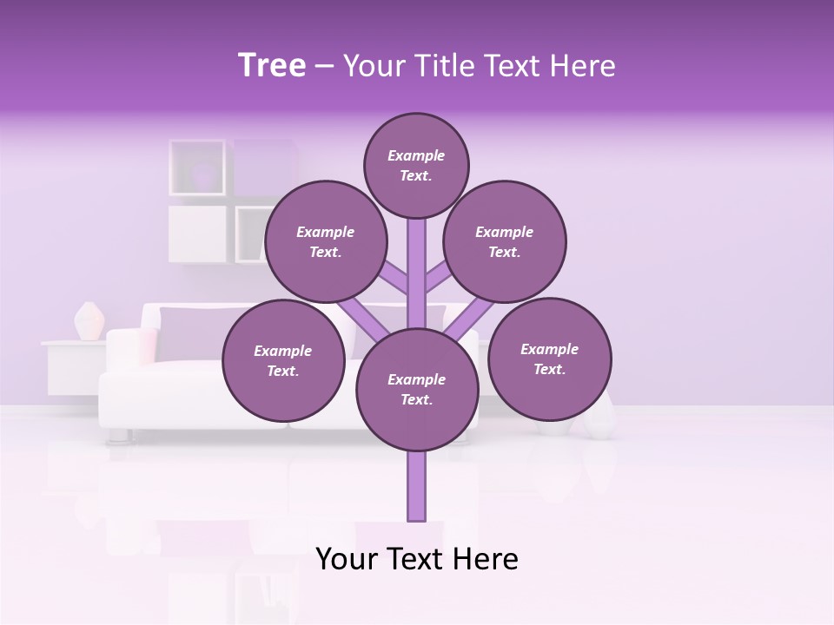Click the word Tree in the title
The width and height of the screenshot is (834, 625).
272,66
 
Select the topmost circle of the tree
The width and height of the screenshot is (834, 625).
416,165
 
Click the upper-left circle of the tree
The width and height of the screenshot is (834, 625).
325,241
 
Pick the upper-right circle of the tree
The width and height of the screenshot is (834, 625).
504,241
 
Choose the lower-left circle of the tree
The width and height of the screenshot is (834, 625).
282,360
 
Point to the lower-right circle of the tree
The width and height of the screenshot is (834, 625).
549,359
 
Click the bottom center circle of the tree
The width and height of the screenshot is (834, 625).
416,389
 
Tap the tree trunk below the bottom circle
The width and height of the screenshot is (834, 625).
417,486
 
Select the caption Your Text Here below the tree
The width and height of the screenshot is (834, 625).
417,559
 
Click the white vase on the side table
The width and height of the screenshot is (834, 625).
89,321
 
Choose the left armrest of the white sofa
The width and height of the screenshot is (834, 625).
126,356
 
